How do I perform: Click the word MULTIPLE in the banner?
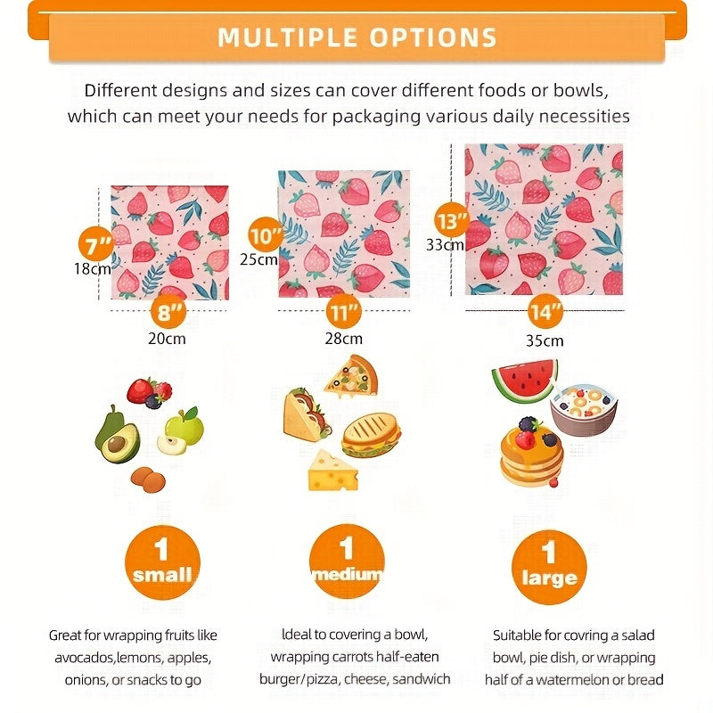click(x=287, y=37)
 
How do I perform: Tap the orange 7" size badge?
click(x=96, y=244)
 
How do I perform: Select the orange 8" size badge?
click(x=168, y=312)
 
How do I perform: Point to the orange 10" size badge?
click(x=266, y=234)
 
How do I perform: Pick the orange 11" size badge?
click(x=344, y=313)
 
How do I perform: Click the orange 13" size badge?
click(x=452, y=220)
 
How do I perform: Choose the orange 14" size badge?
click(x=545, y=311)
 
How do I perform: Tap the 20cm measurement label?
click(x=167, y=339)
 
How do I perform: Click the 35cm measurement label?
click(x=545, y=340)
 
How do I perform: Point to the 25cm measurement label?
click(x=258, y=259)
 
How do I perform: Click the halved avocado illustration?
click(x=118, y=435)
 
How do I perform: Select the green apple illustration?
click(x=182, y=431)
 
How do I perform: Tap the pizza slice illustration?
click(x=352, y=376)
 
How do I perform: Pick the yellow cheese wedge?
click(x=332, y=471)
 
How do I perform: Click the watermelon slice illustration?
click(x=525, y=381)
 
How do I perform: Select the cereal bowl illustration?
click(x=584, y=409)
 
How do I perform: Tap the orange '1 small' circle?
click(x=163, y=562)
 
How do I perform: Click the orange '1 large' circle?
click(x=549, y=567)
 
